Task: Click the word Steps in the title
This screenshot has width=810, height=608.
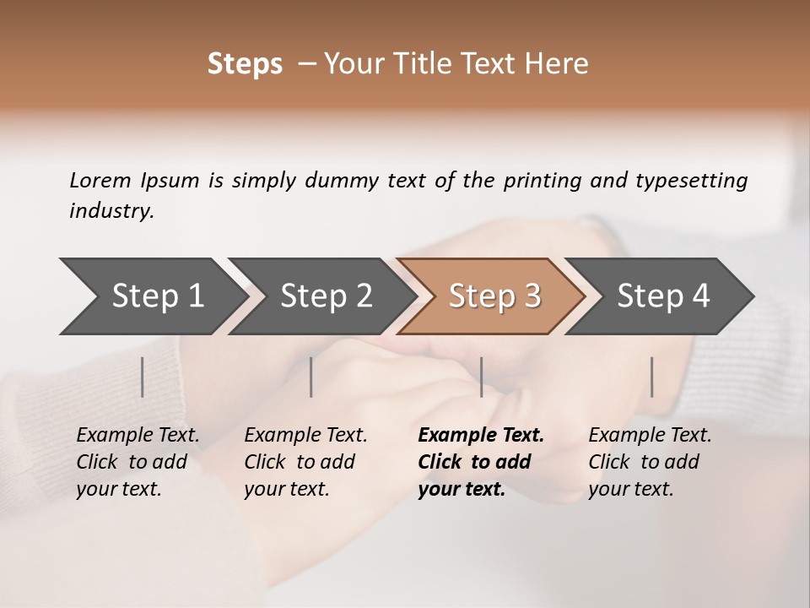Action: click(x=245, y=64)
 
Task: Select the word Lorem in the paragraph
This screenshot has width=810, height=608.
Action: click(x=100, y=180)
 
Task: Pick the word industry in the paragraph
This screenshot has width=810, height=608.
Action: click(x=111, y=210)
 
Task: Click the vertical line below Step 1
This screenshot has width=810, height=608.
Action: click(x=142, y=377)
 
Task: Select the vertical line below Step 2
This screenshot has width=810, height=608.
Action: click(x=311, y=377)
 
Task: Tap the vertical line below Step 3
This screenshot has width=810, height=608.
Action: click(x=481, y=377)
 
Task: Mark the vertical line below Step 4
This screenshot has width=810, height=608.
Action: click(x=651, y=377)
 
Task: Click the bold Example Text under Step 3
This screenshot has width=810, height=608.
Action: click(x=481, y=435)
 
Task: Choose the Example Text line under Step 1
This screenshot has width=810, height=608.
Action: click(x=138, y=435)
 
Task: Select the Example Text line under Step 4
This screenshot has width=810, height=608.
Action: click(x=650, y=435)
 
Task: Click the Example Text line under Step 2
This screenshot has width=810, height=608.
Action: click(x=305, y=435)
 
